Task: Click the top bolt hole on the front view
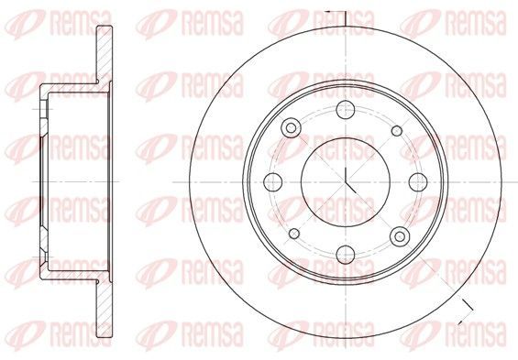coord(346,110)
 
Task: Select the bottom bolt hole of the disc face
coord(346,255)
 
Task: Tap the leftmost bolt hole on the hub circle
coord(273,181)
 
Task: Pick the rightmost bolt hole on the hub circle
coord(418,181)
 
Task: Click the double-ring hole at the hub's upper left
coord(291,127)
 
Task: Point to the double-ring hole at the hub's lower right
coord(400,236)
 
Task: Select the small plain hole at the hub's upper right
coord(397,131)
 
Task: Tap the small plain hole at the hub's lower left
coord(294,234)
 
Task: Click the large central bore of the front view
coord(346,181)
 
